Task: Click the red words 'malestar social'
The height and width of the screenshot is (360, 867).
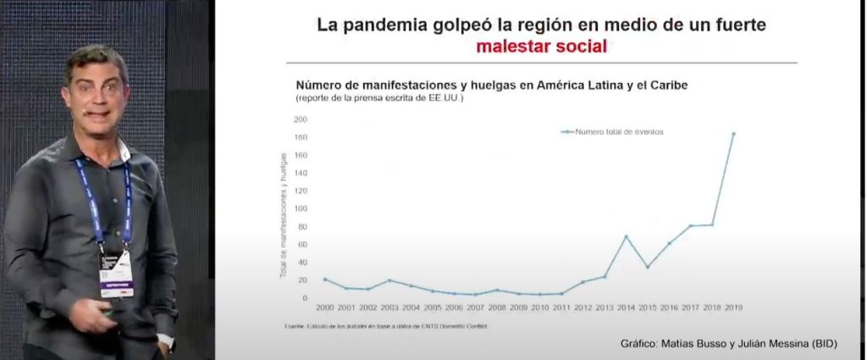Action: pyautogui.click(x=541, y=47)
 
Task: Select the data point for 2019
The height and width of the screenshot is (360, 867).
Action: pyautogui.click(x=733, y=134)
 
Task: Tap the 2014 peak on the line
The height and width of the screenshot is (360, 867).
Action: pyautogui.click(x=625, y=236)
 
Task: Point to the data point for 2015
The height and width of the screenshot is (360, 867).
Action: pyautogui.click(x=647, y=267)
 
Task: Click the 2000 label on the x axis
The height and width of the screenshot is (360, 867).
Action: pyautogui.click(x=323, y=308)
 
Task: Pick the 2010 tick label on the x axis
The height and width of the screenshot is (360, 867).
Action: pyautogui.click(x=539, y=308)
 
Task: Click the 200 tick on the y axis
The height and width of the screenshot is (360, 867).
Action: pyautogui.click(x=300, y=119)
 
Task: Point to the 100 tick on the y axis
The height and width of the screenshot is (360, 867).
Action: pyautogui.click(x=300, y=208)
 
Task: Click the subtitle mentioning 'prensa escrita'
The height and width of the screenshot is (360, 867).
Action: pyautogui.click(x=380, y=99)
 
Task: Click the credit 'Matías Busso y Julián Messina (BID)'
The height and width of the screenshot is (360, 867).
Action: pyautogui.click(x=729, y=343)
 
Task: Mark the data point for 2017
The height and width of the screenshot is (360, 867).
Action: pyautogui.click(x=691, y=226)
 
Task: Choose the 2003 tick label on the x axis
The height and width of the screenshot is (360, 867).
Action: pyautogui.click(x=388, y=308)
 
